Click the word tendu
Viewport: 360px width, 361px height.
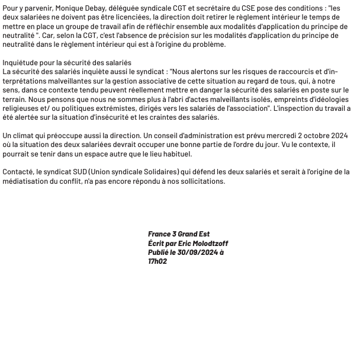[94, 90]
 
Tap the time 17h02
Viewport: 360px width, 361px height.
[157, 261]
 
